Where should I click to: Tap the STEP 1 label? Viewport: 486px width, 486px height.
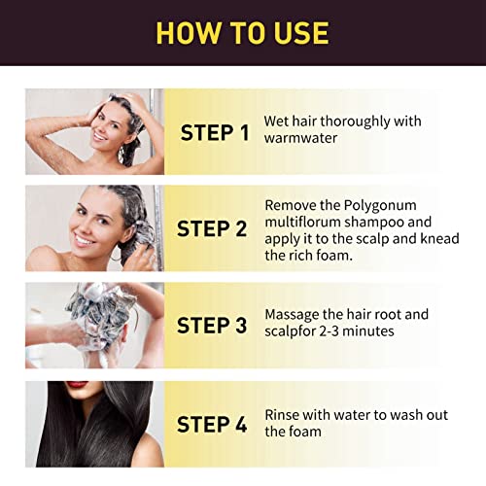coord(221,133)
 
